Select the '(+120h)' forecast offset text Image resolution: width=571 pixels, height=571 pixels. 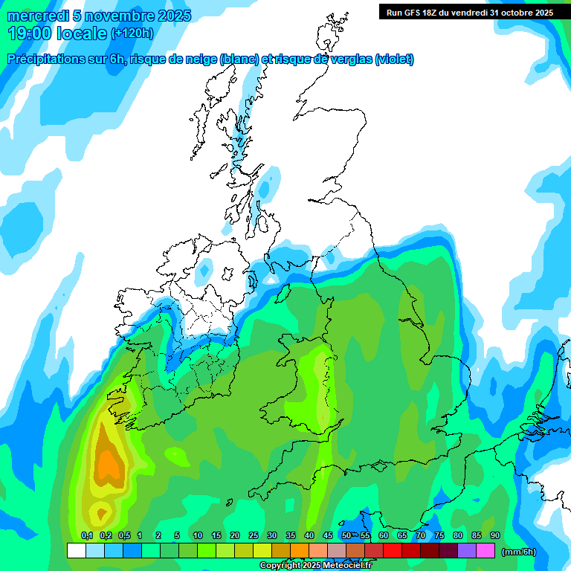132,33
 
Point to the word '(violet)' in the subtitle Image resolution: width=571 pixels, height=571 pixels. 394,59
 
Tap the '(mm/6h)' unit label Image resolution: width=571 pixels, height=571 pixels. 520,551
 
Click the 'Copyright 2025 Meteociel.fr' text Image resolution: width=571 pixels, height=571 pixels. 315,565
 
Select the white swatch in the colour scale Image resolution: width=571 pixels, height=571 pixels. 76,551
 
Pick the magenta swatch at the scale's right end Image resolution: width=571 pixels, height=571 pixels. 485,551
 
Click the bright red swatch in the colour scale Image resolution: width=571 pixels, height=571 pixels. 393,551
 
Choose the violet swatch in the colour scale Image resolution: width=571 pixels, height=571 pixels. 467,551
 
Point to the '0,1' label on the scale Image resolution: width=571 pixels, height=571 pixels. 87,536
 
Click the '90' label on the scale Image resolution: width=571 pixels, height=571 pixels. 495,536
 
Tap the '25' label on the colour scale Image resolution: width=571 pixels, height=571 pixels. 254,536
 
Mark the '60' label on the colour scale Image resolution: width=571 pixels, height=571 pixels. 384,536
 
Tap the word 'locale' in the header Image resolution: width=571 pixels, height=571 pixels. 83,33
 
